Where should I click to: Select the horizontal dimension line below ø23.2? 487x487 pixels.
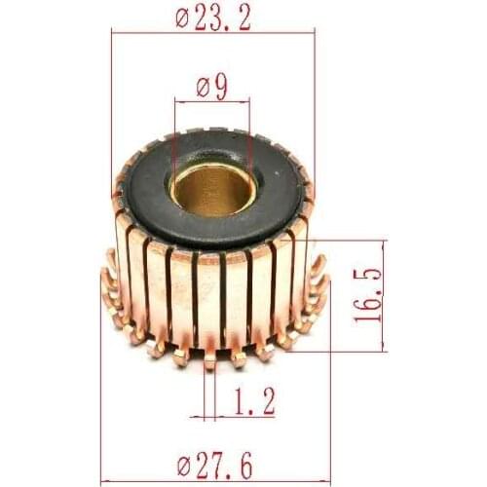[x=213, y=32]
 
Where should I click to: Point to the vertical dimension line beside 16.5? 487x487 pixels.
[x=384, y=296]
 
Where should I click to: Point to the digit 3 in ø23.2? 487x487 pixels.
[x=222, y=17]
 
